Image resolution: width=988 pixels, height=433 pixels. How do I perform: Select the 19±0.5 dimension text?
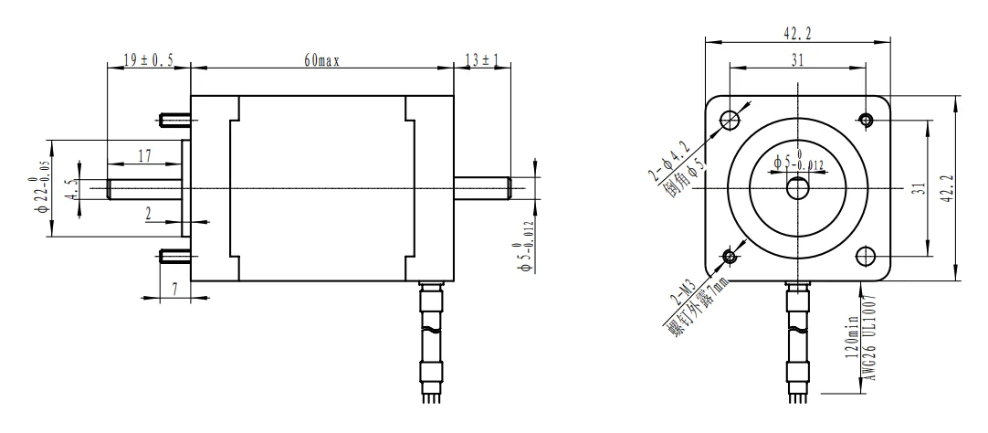point(149,60)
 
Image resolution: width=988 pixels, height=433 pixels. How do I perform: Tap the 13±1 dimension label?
point(482,60)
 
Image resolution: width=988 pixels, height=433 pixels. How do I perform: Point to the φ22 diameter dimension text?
point(35,189)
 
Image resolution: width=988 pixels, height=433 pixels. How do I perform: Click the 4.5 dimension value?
point(69,189)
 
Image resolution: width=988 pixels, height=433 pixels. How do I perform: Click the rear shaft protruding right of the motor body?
point(482,188)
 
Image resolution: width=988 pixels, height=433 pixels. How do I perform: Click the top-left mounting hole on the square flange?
point(730,119)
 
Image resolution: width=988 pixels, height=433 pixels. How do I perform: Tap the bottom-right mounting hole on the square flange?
point(867,255)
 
